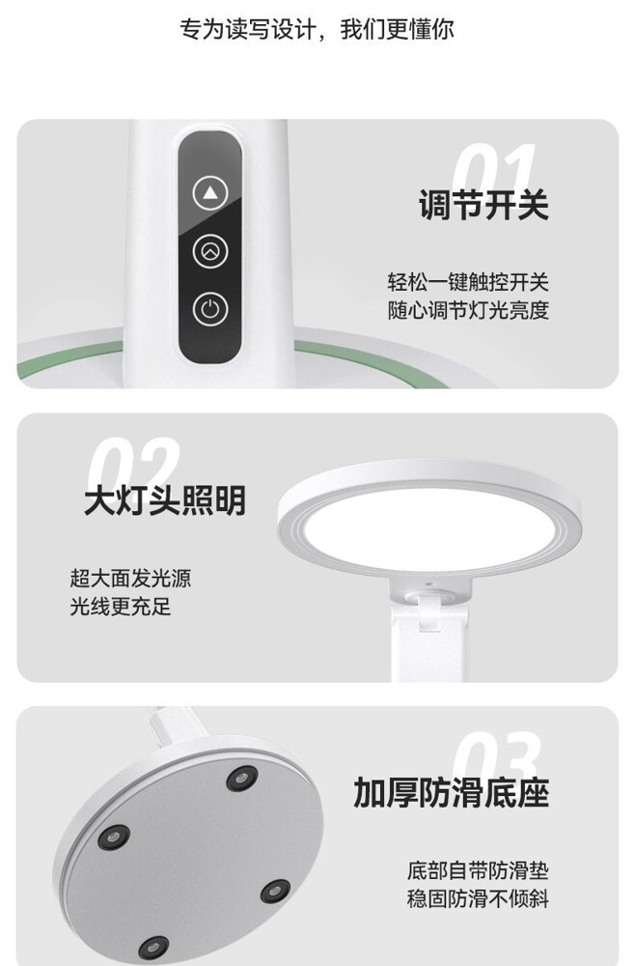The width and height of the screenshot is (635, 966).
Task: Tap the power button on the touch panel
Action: pos(210,309)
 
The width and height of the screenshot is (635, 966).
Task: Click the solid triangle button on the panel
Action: pos(210,193)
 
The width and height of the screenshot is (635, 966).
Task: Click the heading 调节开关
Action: pos(483,204)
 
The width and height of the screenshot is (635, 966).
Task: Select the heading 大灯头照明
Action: pos(165,499)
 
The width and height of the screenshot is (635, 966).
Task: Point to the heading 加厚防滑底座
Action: pos(451,792)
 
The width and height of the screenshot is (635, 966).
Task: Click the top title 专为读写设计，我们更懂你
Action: pos(317,29)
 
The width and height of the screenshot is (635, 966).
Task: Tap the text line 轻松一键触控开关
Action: pos(468,282)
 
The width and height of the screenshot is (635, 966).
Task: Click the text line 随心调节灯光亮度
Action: pos(468,310)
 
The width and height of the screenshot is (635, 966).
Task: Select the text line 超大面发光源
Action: pos(130,578)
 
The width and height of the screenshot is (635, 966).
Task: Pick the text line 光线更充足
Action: pos(120,607)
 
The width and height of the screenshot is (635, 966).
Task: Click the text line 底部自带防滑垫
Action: pos(478,870)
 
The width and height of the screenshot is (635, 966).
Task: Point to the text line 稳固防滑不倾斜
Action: pos(478,898)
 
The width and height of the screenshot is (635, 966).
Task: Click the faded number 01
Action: pos(494,165)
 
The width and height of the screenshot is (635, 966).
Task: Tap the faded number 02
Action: pos(134,461)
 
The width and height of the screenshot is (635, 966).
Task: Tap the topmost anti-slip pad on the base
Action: pos(242,778)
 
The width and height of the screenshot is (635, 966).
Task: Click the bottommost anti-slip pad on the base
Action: pos(153,948)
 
